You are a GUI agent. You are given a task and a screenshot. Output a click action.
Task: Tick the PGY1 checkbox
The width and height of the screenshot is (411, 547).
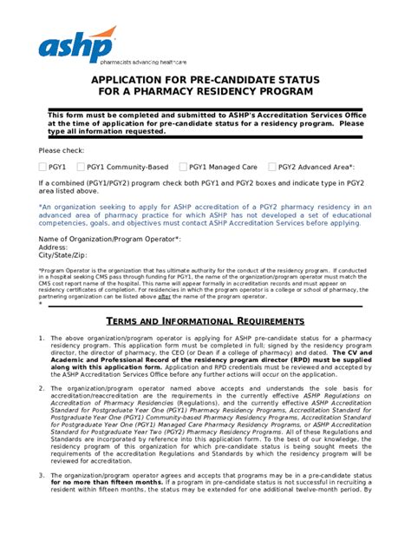pyautogui.click(x=43, y=167)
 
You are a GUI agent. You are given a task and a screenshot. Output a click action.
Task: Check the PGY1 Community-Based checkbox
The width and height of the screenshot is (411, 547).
pyautogui.click(x=82, y=167)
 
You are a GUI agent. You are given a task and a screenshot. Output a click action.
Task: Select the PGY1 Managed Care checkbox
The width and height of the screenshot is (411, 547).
pyautogui.click(x=183, y=167)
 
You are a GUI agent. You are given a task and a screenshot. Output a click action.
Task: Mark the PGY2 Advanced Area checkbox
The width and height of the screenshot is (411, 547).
pyautogui.click(x=272, y=167)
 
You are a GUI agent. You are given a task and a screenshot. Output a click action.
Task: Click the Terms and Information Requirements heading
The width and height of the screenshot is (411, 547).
pyautogui.click(x=205, y=321)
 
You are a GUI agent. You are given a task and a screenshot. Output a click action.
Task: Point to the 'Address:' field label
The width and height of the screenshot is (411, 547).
pyautogui.click(x=54, y=247)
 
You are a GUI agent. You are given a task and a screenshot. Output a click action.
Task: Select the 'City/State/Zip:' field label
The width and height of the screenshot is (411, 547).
pyautogui.click(x=63, y=256)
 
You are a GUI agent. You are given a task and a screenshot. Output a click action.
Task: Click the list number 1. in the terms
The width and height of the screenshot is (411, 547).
pyautogui.click(x=42, y=338)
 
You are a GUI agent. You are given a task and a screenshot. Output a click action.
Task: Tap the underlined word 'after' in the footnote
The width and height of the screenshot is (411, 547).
pyautogui.click(x=213, y=296)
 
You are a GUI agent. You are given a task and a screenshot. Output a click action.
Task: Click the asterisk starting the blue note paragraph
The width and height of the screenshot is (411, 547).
pyautogui.click(x=41, y=207)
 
